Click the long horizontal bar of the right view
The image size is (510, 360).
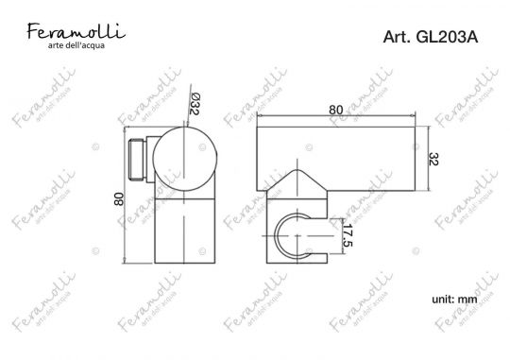pyautogui.click(x=335, y=151)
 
